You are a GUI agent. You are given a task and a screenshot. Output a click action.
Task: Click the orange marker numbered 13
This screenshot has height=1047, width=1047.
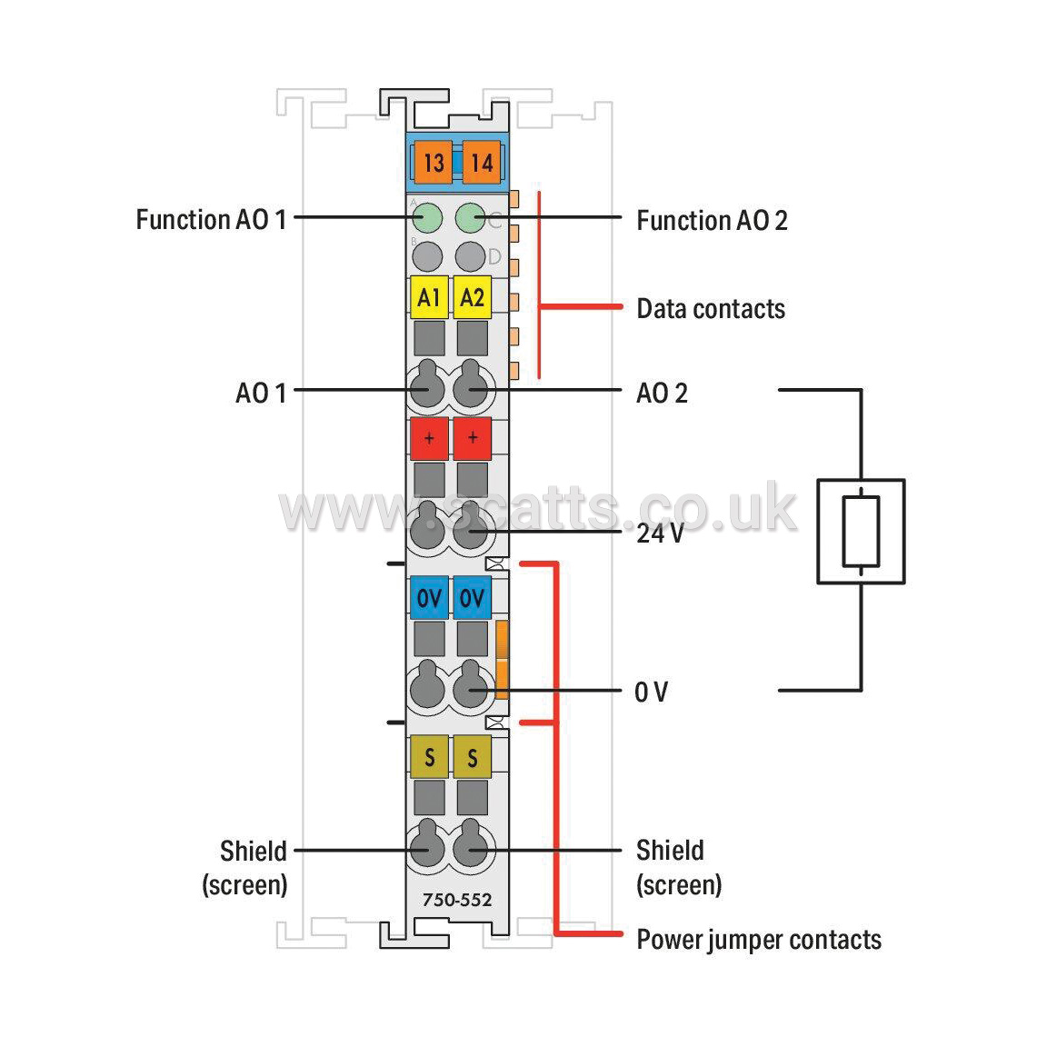click(434, 163)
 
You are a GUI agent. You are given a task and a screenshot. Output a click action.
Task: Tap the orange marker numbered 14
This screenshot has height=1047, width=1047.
click(482, 163)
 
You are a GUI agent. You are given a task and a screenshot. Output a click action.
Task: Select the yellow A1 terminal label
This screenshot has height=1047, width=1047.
click(429, 297)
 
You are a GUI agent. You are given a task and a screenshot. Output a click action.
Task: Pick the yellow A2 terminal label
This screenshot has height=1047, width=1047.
click(472, 297)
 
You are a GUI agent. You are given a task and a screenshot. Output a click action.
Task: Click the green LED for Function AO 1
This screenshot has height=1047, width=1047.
click(427, 218)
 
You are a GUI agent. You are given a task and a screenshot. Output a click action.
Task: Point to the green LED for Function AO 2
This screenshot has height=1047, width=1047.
click(470, 218)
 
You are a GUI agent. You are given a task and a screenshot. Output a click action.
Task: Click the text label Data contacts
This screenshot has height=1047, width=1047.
click(711, 309)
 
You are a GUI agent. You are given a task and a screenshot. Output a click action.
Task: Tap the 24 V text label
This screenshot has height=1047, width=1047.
click(661, 533)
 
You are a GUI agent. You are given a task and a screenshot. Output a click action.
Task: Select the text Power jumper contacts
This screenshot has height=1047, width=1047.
click(759, 940)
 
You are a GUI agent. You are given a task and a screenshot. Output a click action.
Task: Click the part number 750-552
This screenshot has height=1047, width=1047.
click(457, 900)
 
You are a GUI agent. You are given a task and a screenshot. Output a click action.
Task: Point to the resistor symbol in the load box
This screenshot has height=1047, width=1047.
click(861, 532)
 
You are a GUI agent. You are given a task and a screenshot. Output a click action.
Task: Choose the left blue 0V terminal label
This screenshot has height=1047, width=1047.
click(429, 598)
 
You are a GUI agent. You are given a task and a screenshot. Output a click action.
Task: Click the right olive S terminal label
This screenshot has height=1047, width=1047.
click(472, 757)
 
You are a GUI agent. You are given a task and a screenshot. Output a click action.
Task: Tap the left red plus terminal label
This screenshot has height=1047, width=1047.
click(429, 439)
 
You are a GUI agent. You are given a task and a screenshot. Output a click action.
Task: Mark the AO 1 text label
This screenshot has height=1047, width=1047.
click(261, 394)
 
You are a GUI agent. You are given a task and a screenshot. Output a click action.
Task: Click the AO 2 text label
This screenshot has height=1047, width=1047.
click(662, 394)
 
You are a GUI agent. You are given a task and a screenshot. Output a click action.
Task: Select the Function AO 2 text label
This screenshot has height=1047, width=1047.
click(712, 220)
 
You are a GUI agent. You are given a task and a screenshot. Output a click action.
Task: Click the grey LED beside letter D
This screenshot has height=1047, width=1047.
click(470, 256)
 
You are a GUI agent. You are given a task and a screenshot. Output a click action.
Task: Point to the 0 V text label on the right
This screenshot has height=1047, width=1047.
click(651, 692)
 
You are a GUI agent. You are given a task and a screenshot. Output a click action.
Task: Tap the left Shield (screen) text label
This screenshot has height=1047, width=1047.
click(245, 867)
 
